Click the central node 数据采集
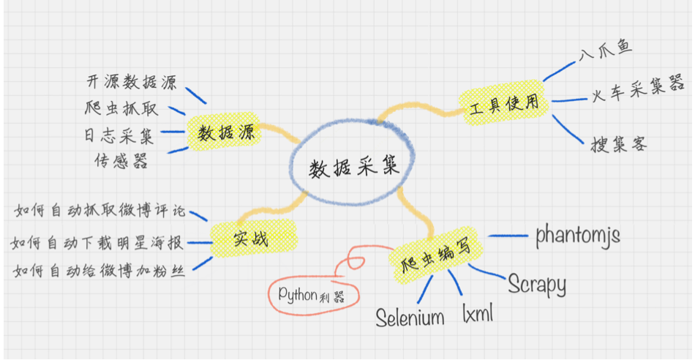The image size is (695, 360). (x=353, y=167)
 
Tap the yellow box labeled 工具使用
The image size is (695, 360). (x=504, y=102)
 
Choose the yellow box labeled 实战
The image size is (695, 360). (x=251, y=239)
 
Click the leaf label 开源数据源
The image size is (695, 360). (x=132, y=82)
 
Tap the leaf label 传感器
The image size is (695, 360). (x=121, y=160)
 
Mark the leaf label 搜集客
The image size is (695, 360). (x=619, y=143)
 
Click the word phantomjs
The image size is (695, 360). (x=578, y=235)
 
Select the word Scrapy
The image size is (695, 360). (x=537, y=284)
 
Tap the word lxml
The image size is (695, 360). (x=478, y=314)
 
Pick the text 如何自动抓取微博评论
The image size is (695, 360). (x=100, y=212)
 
